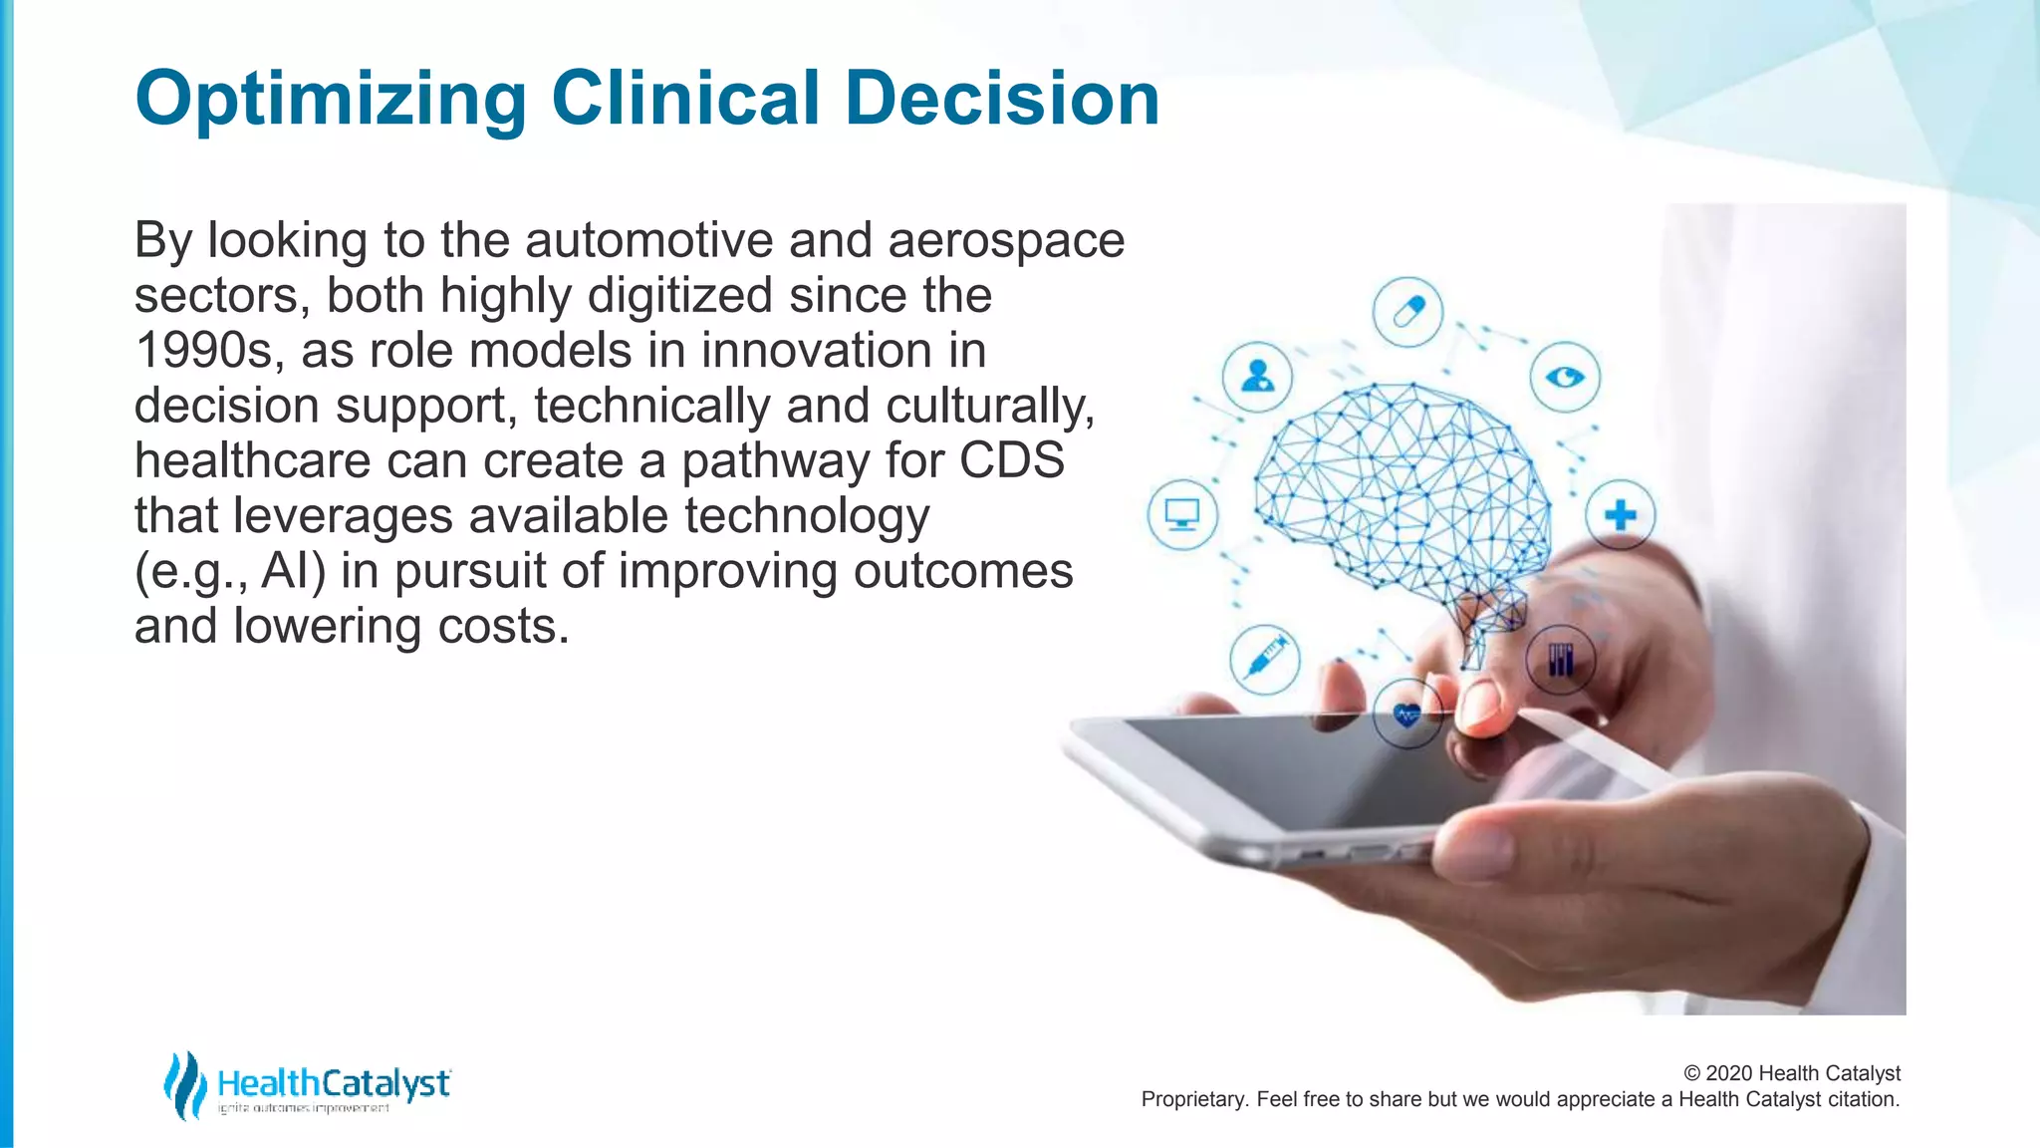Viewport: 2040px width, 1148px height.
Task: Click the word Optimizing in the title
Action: coord(331,100)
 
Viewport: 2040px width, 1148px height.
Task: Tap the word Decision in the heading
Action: coord(1002,100)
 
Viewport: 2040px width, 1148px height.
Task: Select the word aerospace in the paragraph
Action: coord(1006,241)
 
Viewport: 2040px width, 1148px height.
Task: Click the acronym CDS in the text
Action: coord(1012,461)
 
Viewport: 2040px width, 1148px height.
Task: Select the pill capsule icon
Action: coord(1407,312)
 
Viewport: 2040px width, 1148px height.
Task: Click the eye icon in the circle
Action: coord(1565,377)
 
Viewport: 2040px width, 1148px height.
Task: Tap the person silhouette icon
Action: coord(1258,377)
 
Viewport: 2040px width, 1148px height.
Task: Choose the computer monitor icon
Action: coord(1182,515)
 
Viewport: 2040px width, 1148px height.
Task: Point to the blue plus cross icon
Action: coord(1621,515)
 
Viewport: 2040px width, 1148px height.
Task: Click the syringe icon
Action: coord(1265,659)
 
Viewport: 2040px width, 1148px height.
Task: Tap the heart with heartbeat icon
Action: coord(1406,715)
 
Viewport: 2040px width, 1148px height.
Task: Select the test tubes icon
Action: coord(1561,659)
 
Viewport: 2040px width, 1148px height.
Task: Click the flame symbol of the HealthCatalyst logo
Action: coord(184,1085)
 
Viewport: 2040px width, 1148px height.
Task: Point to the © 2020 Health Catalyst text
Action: coord(1792,1073)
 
